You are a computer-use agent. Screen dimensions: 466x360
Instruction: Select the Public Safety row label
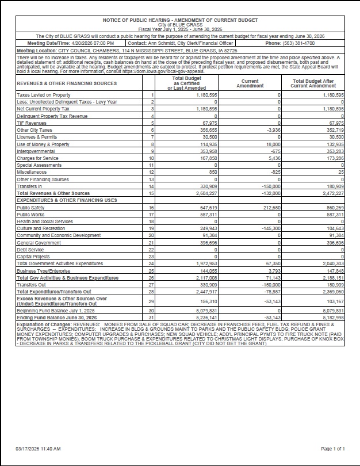pos(30,207)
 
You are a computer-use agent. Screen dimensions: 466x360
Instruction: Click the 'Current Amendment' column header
pos(250,83)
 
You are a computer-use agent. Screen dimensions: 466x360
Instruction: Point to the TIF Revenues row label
pos(32,123)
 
